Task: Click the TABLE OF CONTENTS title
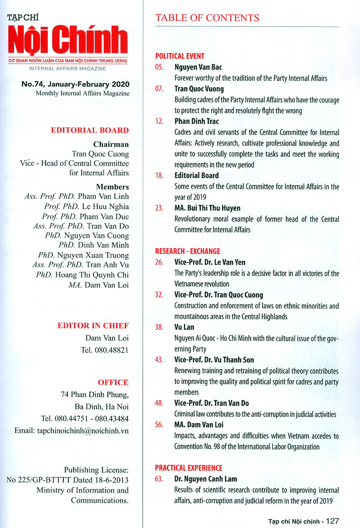point(207,18)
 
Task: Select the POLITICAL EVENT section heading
point(180,56)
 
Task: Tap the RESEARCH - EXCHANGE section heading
point(188,251)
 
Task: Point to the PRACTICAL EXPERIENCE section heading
point(189,468)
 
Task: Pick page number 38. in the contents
point(159,327)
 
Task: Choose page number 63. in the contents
point(159,478)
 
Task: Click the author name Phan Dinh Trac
point(196,122)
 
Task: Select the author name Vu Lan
point(184,327)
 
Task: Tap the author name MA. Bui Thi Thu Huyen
point(208,208)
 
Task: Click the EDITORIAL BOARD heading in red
point(90,131)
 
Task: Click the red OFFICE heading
point(113,383)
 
